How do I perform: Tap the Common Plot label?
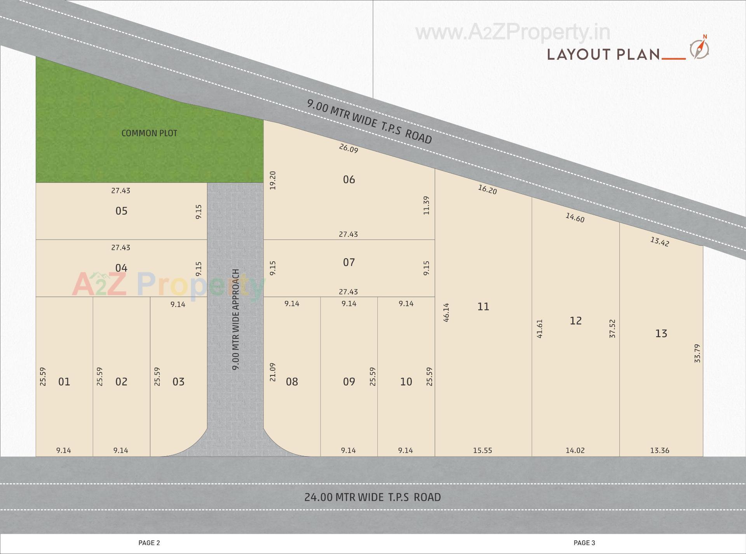[149, 133]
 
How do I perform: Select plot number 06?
[349, 179]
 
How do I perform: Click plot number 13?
[661, 333]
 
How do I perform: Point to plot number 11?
[483, 307]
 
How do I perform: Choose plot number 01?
[64, 382]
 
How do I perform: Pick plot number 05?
[121, 211]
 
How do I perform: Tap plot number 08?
[292, 382]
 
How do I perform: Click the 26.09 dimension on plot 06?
[349, 148]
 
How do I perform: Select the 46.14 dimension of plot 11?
[446, 313]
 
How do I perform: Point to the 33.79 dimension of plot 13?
[697, 353]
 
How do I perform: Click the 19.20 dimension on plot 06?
[272, 181]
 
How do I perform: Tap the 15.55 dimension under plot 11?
[483, 450]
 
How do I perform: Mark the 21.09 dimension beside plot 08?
[272, 372]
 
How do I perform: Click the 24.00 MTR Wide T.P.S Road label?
[372, 497]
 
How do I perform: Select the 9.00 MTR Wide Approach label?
[235, 320]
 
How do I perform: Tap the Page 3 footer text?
[584, 543]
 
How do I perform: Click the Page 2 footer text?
[149, 543]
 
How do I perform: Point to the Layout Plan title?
[603, 54]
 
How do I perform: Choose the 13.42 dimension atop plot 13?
[660, 241]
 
